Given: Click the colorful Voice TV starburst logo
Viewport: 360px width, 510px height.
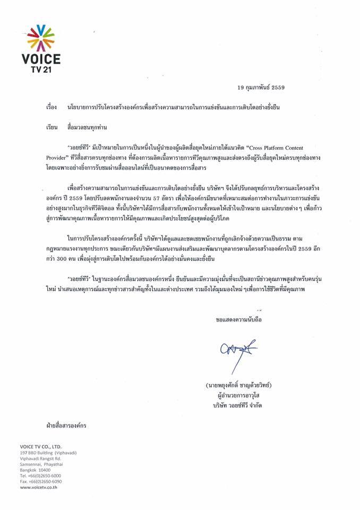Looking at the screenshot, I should point(41,37).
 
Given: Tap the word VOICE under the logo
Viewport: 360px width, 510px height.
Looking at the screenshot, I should point(41,58).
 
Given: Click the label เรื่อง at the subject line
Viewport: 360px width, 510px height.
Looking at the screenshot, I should point(51,107).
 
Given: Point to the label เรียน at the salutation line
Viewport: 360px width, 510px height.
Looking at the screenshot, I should point(51,128).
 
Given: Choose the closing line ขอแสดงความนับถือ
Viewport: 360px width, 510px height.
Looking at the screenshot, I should point(239,320).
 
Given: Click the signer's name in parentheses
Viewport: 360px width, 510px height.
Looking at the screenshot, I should point(244,384).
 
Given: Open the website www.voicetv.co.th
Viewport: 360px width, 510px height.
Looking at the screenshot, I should point(39,487).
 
